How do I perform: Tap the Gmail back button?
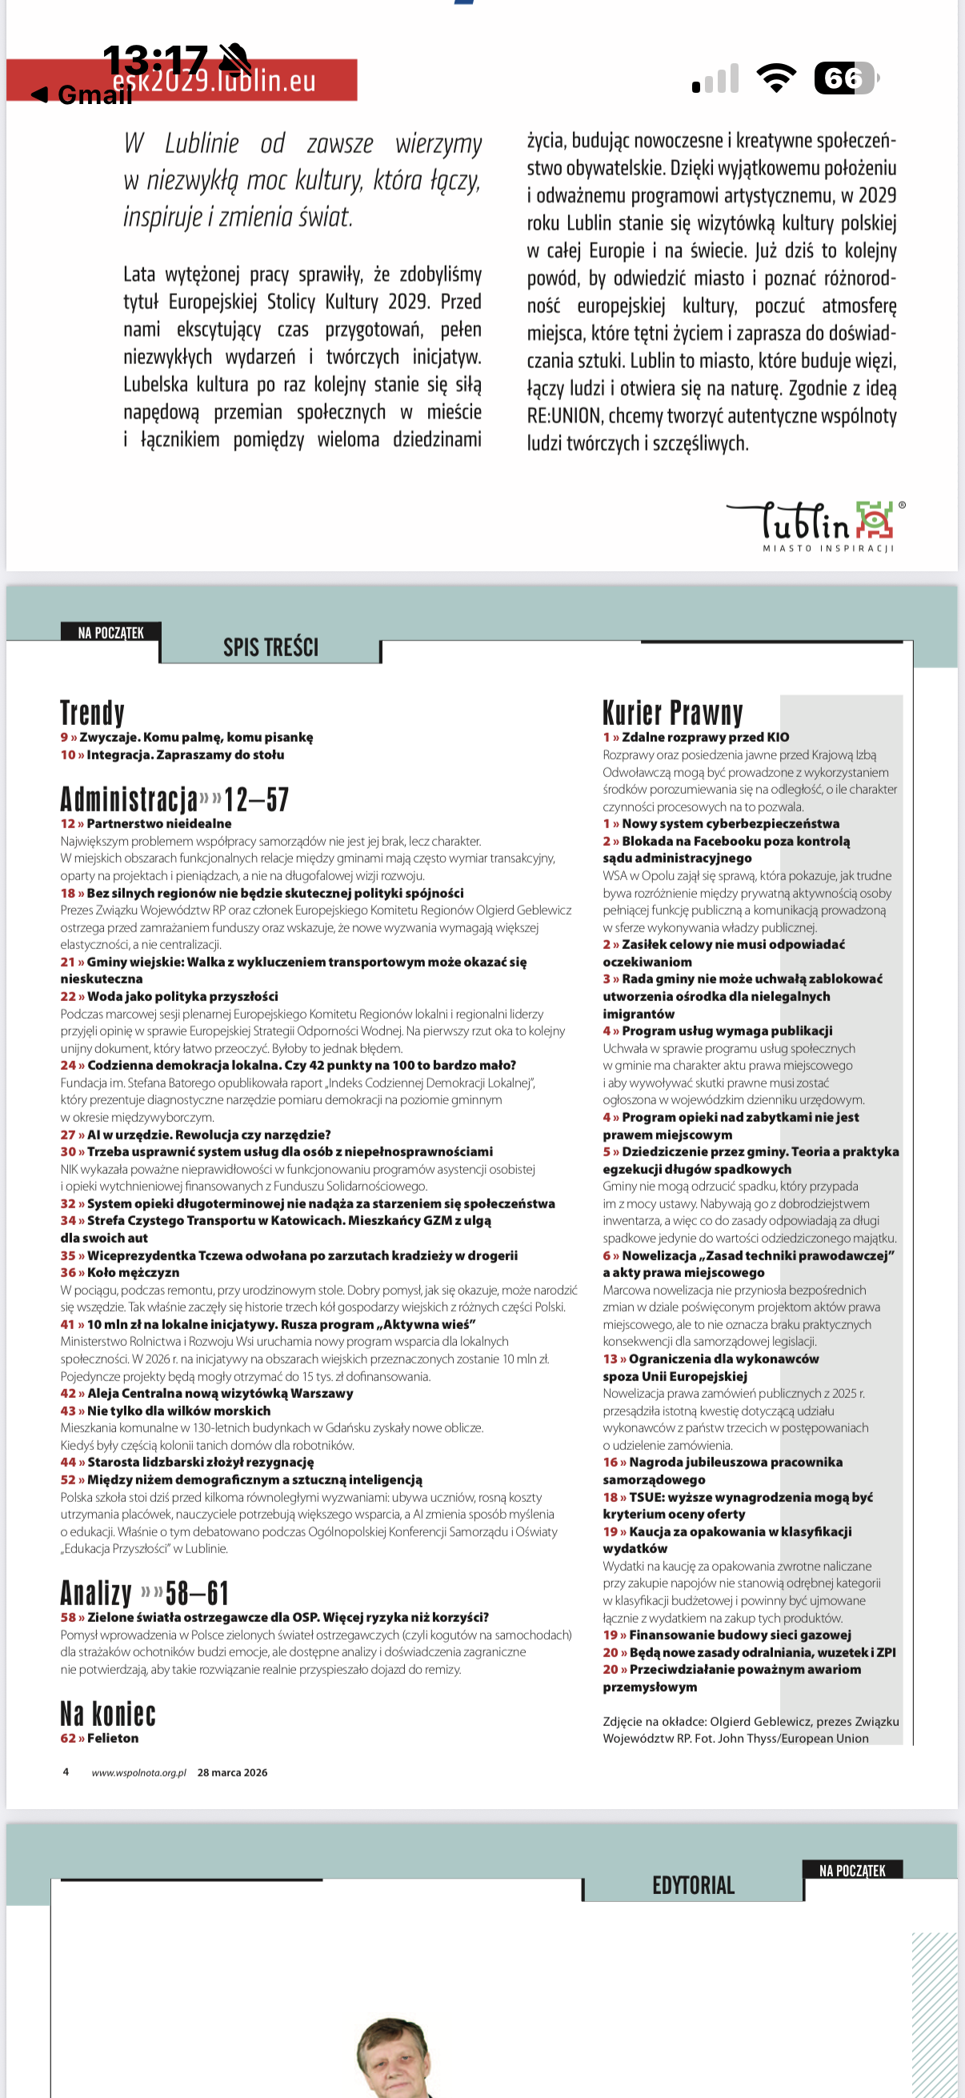pyautogui.click(x=82, y=95)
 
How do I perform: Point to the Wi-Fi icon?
pyautogui.click(x=776, y=78)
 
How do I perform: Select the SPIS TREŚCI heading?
pyautogui.click(x=270, y=647)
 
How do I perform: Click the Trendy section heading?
pyautogui.click(x=92, y=713)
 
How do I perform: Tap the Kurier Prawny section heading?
pyautogui.click(x=673, y=713)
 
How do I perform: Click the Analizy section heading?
pyautogui.click(x=96, y=1592)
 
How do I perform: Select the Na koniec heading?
pyautogui.click(x=107, y=1715)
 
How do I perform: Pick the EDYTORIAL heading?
pyautogui.click(x=693, y=1885)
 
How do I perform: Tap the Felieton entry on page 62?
pyautogui.click(x=112, y=1738)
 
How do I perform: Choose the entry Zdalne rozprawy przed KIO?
pyautogui.click(x=704, y=737)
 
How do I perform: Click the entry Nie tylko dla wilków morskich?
pyautogui.click(x=178, y=1411)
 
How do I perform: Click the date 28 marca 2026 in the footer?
pyautogui.click(x=232, y=1772)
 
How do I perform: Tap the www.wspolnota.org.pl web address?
pyautogui.click(x=138, y=1772)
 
